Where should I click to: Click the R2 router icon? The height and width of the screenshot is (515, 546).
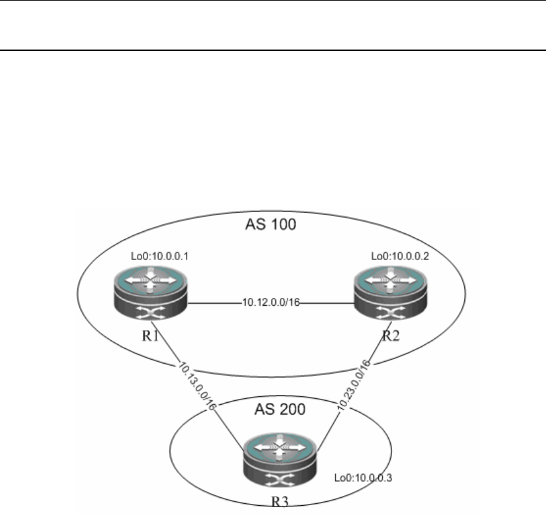[391, 294]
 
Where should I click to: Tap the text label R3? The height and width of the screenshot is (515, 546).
[281, 503]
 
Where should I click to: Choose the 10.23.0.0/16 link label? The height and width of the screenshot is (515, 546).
[356, 386]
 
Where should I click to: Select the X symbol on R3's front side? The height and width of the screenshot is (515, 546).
[281, 483]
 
